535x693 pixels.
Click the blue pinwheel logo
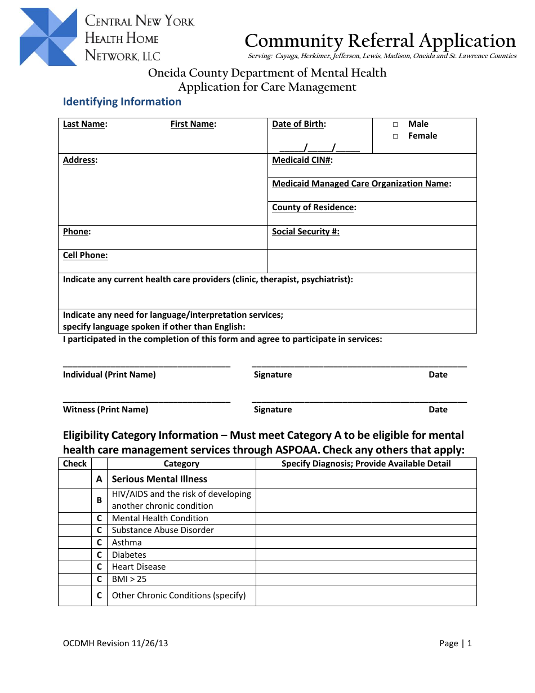click(x=48, y=37)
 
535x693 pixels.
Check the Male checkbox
click(x=395, y=125)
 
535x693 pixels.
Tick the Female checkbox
click(x=395, y=136)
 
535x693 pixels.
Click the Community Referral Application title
click(x=380, y=41)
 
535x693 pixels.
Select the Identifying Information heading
click(x=122, y=102)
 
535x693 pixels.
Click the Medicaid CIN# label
click(x=302, y=160)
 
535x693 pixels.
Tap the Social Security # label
click(x=306, y=232)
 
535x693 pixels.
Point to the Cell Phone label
click(x=85, y=255)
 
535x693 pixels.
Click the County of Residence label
click(x=314, y=207)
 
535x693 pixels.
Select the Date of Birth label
click(x=299, y=124)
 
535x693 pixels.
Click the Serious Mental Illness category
click(x=159, y=479)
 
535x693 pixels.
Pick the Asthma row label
click(x=127, y=543)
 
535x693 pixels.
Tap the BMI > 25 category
click(x=129, y=579)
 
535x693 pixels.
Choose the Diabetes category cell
click(x=129, y=555)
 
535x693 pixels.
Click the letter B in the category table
click(x=99, y=500)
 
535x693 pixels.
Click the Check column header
click(x=75, y=464)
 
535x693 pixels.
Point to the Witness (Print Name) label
click(x=106, y=410)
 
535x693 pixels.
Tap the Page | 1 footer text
click(x=455, y=643)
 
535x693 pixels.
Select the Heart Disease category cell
click(x=139, y=567)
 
